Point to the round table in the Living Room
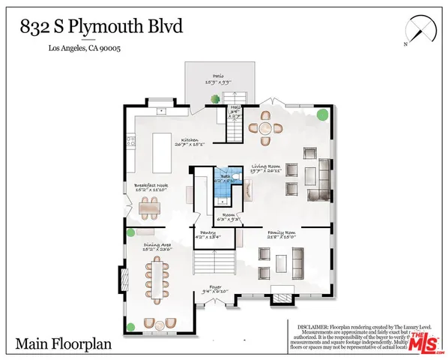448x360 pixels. pos(266,127)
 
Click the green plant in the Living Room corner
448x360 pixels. pos(321,115)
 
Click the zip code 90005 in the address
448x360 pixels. pos(109,49)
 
